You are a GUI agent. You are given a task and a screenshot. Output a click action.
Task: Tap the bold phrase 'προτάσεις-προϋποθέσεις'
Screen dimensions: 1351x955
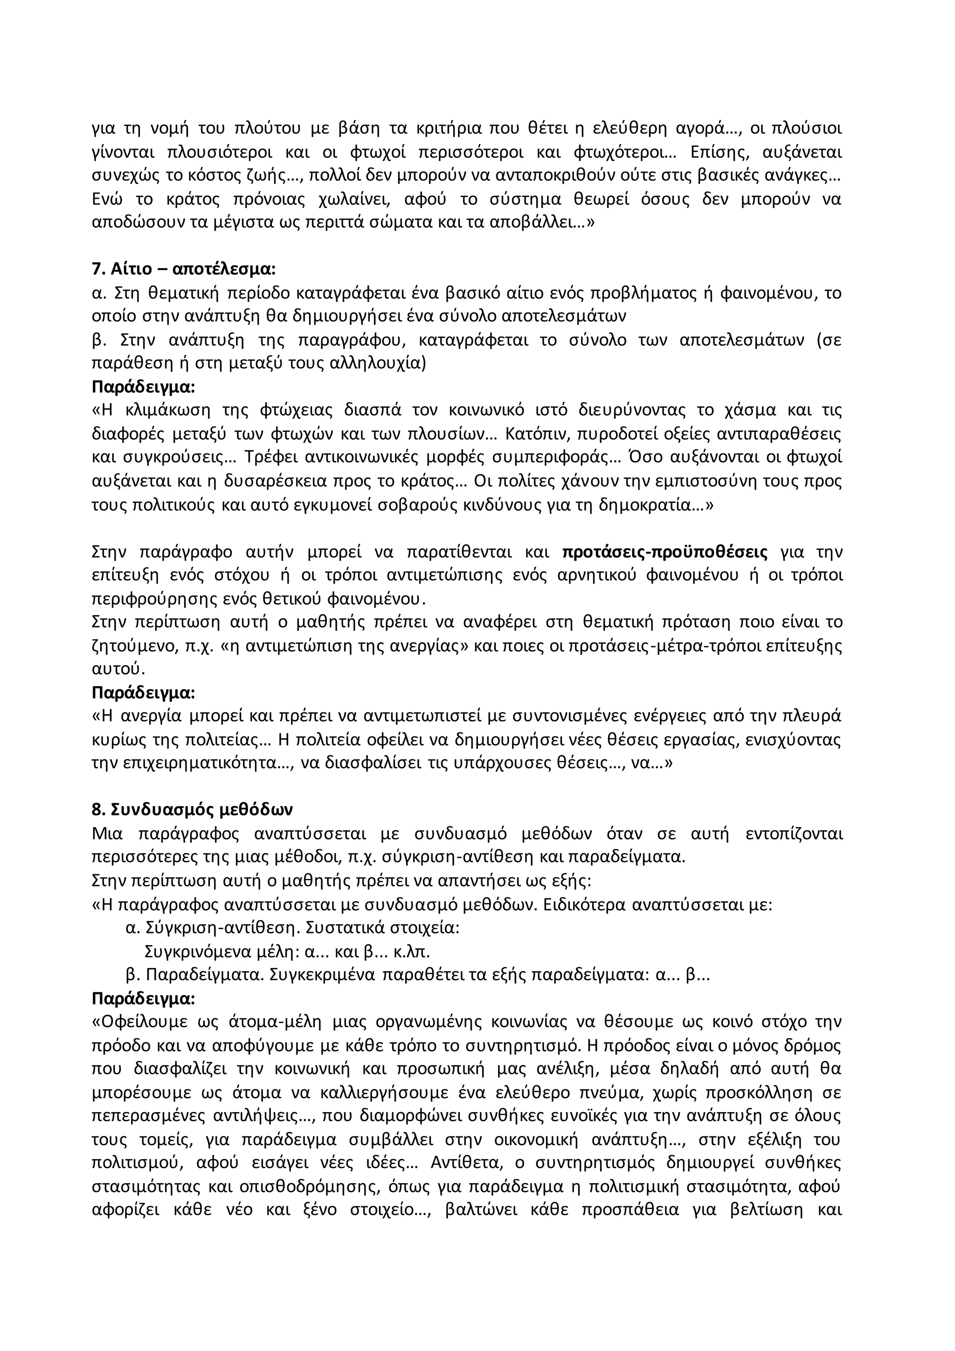(x=665, y=552)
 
